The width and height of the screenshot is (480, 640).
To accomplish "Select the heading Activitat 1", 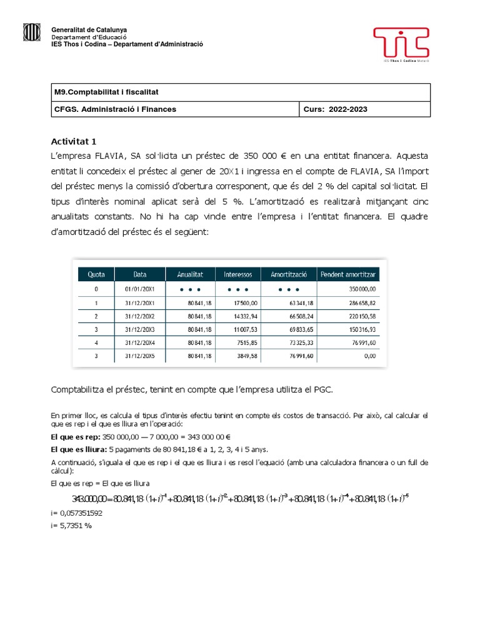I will pos(73,141).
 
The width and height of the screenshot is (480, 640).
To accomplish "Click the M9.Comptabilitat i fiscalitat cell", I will pos(107,92).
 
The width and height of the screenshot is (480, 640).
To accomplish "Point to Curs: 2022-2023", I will pos(335,109).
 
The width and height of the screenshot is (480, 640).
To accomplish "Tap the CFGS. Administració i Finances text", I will pos(116,109).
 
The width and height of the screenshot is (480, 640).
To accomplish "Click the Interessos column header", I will pos(237,274).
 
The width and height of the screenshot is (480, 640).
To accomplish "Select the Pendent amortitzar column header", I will pos(349,274).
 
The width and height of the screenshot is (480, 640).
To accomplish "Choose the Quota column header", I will pos(96,274).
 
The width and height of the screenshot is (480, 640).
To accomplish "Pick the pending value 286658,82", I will pos(359,303).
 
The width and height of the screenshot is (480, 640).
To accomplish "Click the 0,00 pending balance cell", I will pos(369,356).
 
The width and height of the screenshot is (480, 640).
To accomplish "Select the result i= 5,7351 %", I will pos(71,526).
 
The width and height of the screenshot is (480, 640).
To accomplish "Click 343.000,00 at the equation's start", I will pos(91,499).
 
